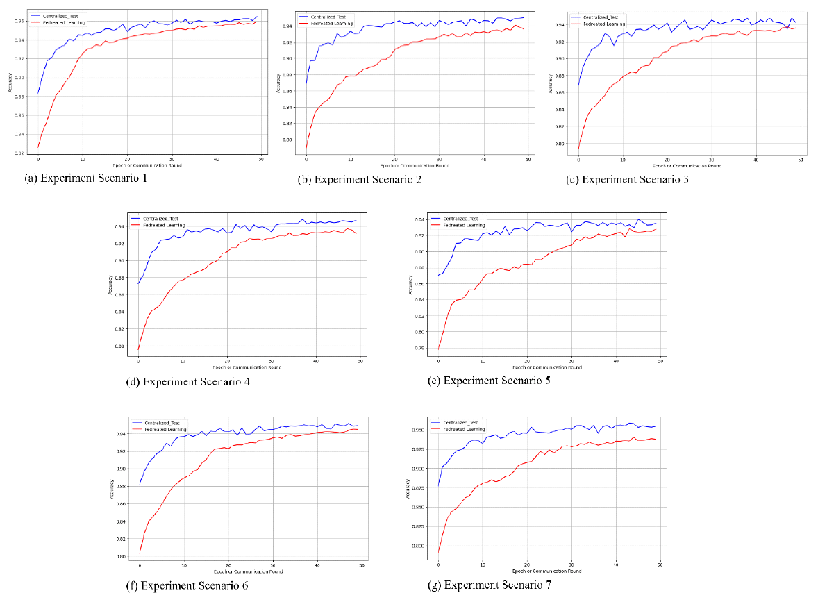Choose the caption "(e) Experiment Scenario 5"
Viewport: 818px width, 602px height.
490,381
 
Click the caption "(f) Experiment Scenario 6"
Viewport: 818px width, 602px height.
187,586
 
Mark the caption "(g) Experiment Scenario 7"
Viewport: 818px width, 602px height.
490,585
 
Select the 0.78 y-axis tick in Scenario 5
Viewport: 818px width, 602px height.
421,348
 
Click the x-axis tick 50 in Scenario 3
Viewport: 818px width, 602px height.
800,160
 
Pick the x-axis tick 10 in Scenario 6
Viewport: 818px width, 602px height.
184,567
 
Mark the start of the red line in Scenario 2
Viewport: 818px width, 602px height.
306,147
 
